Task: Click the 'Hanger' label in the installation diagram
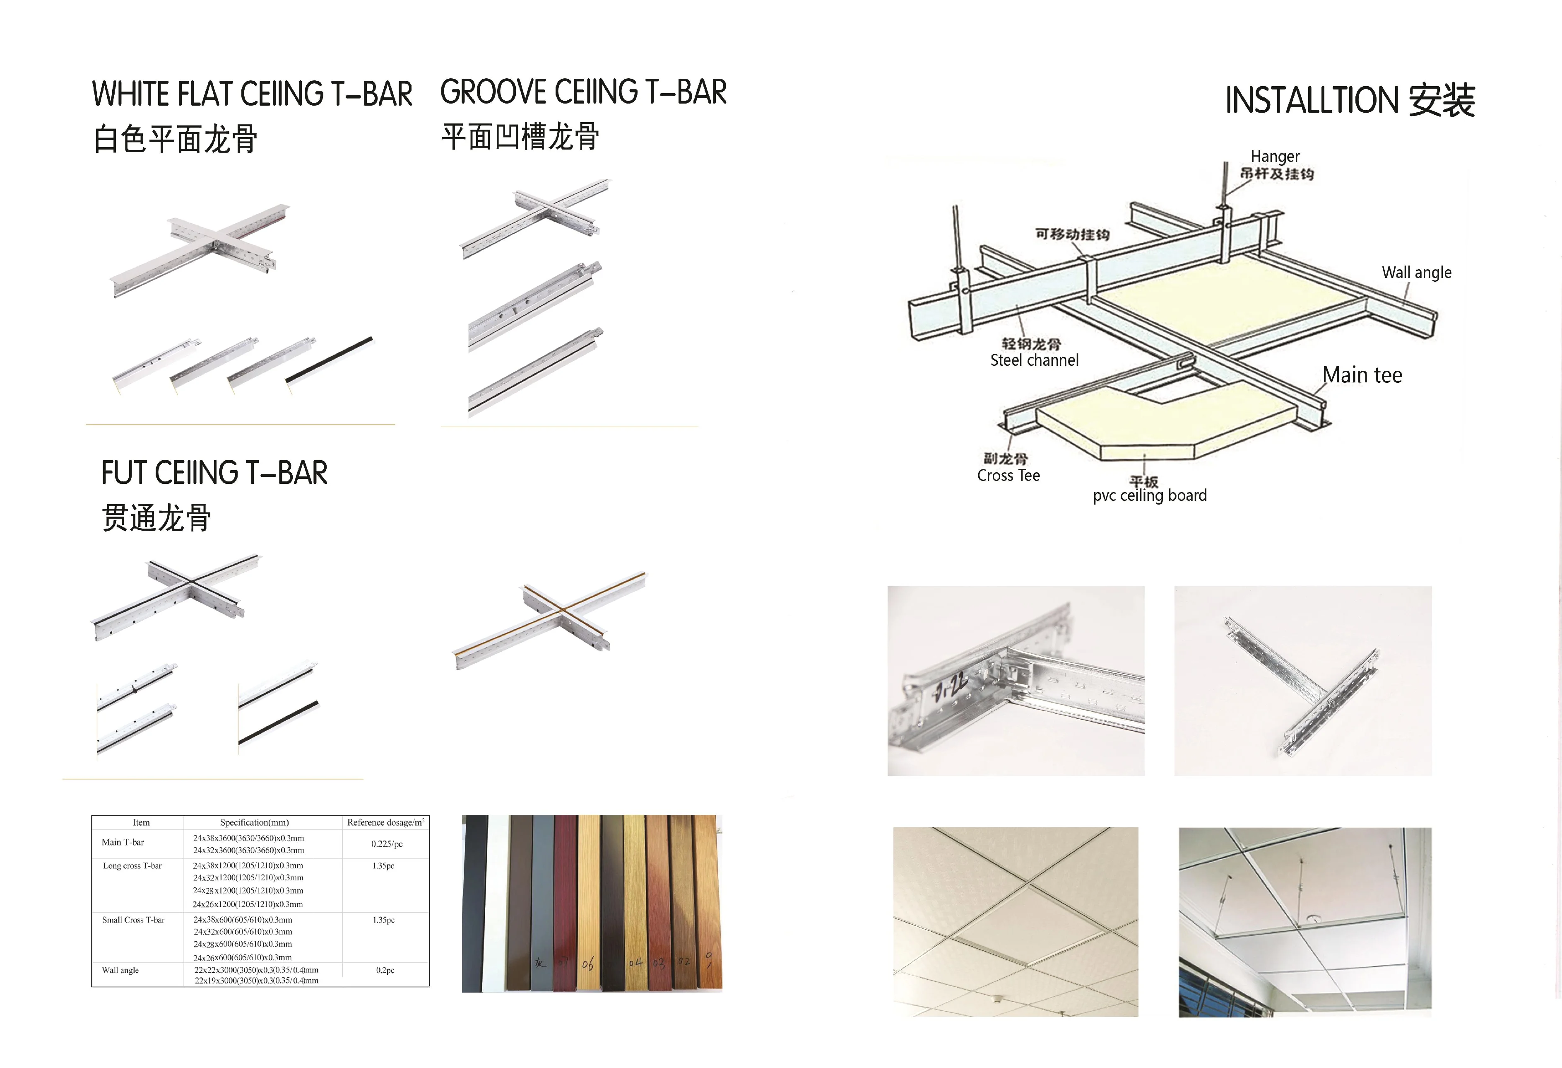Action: [x=1274, y=157]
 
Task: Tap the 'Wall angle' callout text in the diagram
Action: [x=1416, y=272]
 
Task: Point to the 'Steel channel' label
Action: [x=1034, y=360]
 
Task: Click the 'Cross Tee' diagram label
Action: [x=1008, y=476]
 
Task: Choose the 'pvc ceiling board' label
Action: [x=1149, y=495]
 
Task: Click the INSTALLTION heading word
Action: [x=1311, y=101]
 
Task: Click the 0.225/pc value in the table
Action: [x=387, y=843]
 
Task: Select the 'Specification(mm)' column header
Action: [x=254, y=822]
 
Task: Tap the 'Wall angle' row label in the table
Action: [x=120, y=970]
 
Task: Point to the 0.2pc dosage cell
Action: [x=385, y=970]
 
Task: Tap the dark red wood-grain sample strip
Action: [x=565, y=894]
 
